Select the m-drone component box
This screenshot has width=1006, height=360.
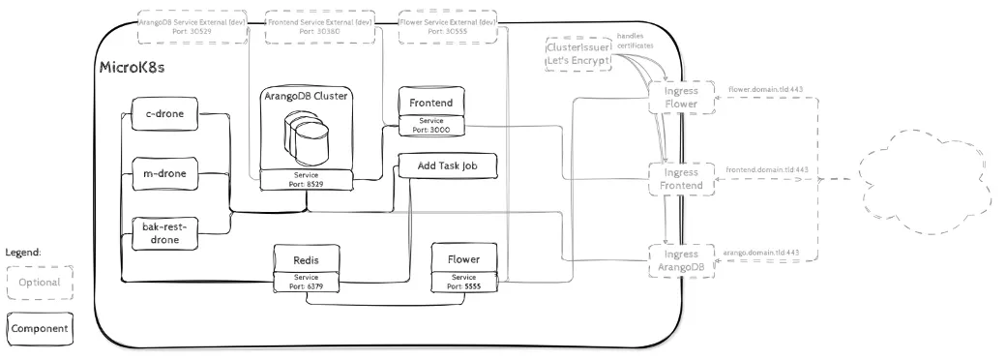163,174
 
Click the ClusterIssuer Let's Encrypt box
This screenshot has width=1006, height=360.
579,52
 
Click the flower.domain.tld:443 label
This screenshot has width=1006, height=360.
767,88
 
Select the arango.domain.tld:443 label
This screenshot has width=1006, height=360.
765,252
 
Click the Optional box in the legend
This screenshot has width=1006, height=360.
40,283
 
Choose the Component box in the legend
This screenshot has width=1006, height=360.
40,329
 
